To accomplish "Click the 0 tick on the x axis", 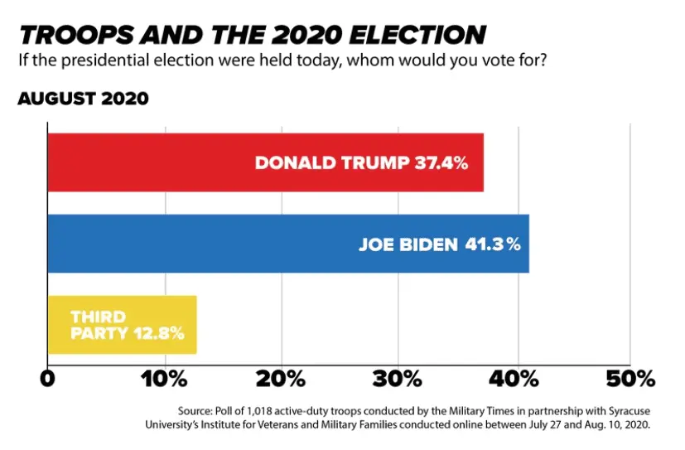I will [x=48, y=380].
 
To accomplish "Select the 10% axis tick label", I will [x=166, y=380].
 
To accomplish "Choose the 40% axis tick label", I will [x=518, y=380].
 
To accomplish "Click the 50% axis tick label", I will [x=631, y=380].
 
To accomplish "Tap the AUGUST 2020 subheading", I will [x=83, y=99].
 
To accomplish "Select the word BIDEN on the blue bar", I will [x=430, y=244].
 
